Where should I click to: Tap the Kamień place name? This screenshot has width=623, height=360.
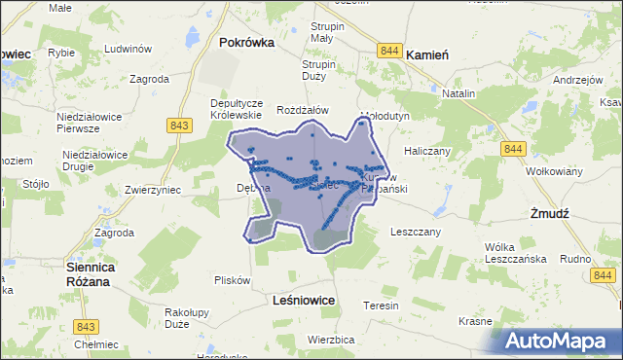425,55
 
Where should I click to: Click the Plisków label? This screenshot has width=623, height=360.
233,280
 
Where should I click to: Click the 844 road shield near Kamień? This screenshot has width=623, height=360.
391,51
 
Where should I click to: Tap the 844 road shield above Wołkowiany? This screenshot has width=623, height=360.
515,148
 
